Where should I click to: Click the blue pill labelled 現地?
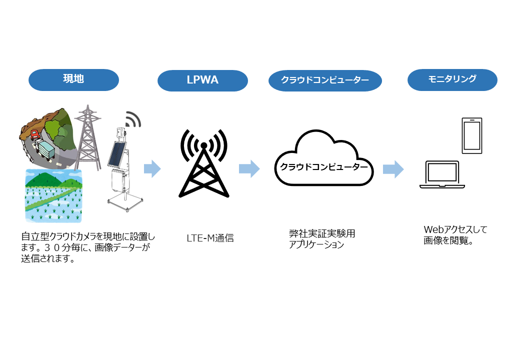(73, 79)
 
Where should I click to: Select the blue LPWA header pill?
(202, 80)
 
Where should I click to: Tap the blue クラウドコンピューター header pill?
(325, 80)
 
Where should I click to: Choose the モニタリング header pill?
(452, 79)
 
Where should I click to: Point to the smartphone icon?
(472, 135)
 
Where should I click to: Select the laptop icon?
(442, 175)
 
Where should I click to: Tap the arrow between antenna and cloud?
(249, 168)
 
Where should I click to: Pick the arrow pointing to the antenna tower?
(152, 169)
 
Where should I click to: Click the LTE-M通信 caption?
(210, 238)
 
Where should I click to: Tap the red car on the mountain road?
(35, 134)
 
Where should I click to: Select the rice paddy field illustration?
(53, 196)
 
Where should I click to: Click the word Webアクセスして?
(455, 229)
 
